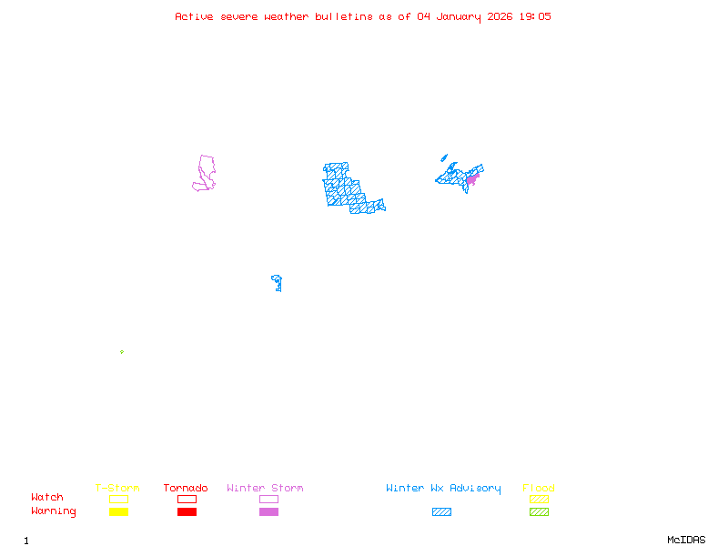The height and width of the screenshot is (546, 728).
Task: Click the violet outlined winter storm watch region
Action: (205, 173)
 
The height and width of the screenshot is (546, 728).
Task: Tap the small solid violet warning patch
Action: (471, 179)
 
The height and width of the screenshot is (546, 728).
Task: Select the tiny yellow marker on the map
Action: (121, 352)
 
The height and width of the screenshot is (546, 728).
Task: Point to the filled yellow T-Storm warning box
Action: (118, 512)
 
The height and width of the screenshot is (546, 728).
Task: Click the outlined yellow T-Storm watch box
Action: (118, 499)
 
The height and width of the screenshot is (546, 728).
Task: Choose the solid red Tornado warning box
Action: (187, 512)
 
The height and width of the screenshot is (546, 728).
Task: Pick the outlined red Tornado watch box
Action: (187, 499)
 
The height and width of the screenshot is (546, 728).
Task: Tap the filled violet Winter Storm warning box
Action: (268, 512)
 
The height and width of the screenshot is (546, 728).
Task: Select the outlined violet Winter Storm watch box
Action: (268, 499)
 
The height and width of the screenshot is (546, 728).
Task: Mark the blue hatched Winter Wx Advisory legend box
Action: (441, 512)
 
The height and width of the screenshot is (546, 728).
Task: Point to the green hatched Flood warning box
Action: (539, 512)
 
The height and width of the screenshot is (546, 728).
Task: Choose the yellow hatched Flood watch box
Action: (539, 499)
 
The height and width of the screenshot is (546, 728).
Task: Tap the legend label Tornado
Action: (186, 489)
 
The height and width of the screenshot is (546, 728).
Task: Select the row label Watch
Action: (47, 498)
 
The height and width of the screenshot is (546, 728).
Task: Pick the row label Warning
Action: (54, 511)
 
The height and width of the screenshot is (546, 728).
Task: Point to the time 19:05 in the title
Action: (534, 16)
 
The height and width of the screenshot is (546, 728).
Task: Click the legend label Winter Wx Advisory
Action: (443, 489)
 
